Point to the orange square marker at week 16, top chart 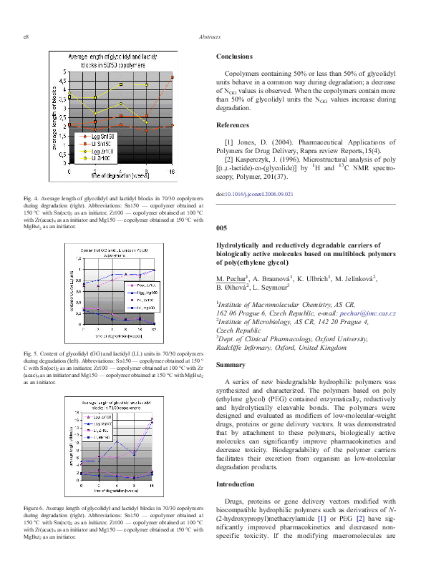172,77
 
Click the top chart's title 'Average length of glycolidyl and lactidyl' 114,57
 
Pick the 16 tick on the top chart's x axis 172,171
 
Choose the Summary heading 232,365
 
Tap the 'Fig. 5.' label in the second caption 32,353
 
